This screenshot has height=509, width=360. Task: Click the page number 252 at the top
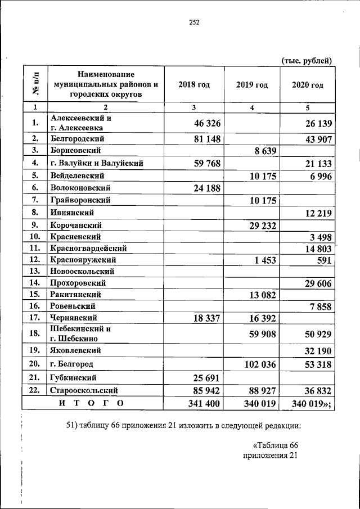click(194, 23)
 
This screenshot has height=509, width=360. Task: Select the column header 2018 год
click(194, 85)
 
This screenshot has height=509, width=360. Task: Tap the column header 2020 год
click(308, 85)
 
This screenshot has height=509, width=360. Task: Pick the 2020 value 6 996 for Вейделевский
click(318, 176)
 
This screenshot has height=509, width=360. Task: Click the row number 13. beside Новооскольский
click(35, 271)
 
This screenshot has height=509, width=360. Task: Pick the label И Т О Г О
click(91, 403)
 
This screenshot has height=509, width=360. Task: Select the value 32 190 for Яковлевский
click(316, 350)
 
